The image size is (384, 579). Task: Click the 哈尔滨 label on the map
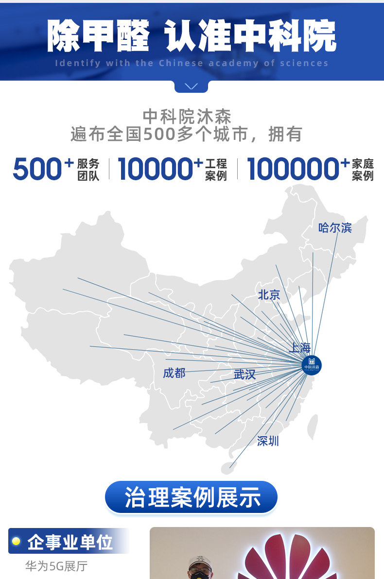click(x=335, y=227)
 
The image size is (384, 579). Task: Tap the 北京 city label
click(x=269, y=294)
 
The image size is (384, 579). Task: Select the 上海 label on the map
click(x=299, y=348)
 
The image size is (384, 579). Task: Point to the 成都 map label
click(x=174, y=373)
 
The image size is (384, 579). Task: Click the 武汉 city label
click(x=244, y=375)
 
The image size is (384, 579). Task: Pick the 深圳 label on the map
click(x=268, y=441)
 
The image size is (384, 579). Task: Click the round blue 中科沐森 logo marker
click(x=312, y=364)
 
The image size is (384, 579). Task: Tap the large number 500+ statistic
click(x=43, y=169)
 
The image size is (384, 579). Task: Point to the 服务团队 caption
click(x=88, y=170)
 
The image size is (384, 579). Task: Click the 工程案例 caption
click(x=216, y=170)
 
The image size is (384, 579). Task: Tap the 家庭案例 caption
click(x=363, y=170)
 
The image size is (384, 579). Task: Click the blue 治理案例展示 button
click(x=192, y=497)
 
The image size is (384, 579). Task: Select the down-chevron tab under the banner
click(x=192, y=86)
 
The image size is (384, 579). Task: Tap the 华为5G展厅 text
click(x=56, y=566)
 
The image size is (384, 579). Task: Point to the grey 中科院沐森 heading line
click(x=187, y=117)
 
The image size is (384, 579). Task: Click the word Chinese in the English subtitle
click(x=181, y=63)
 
